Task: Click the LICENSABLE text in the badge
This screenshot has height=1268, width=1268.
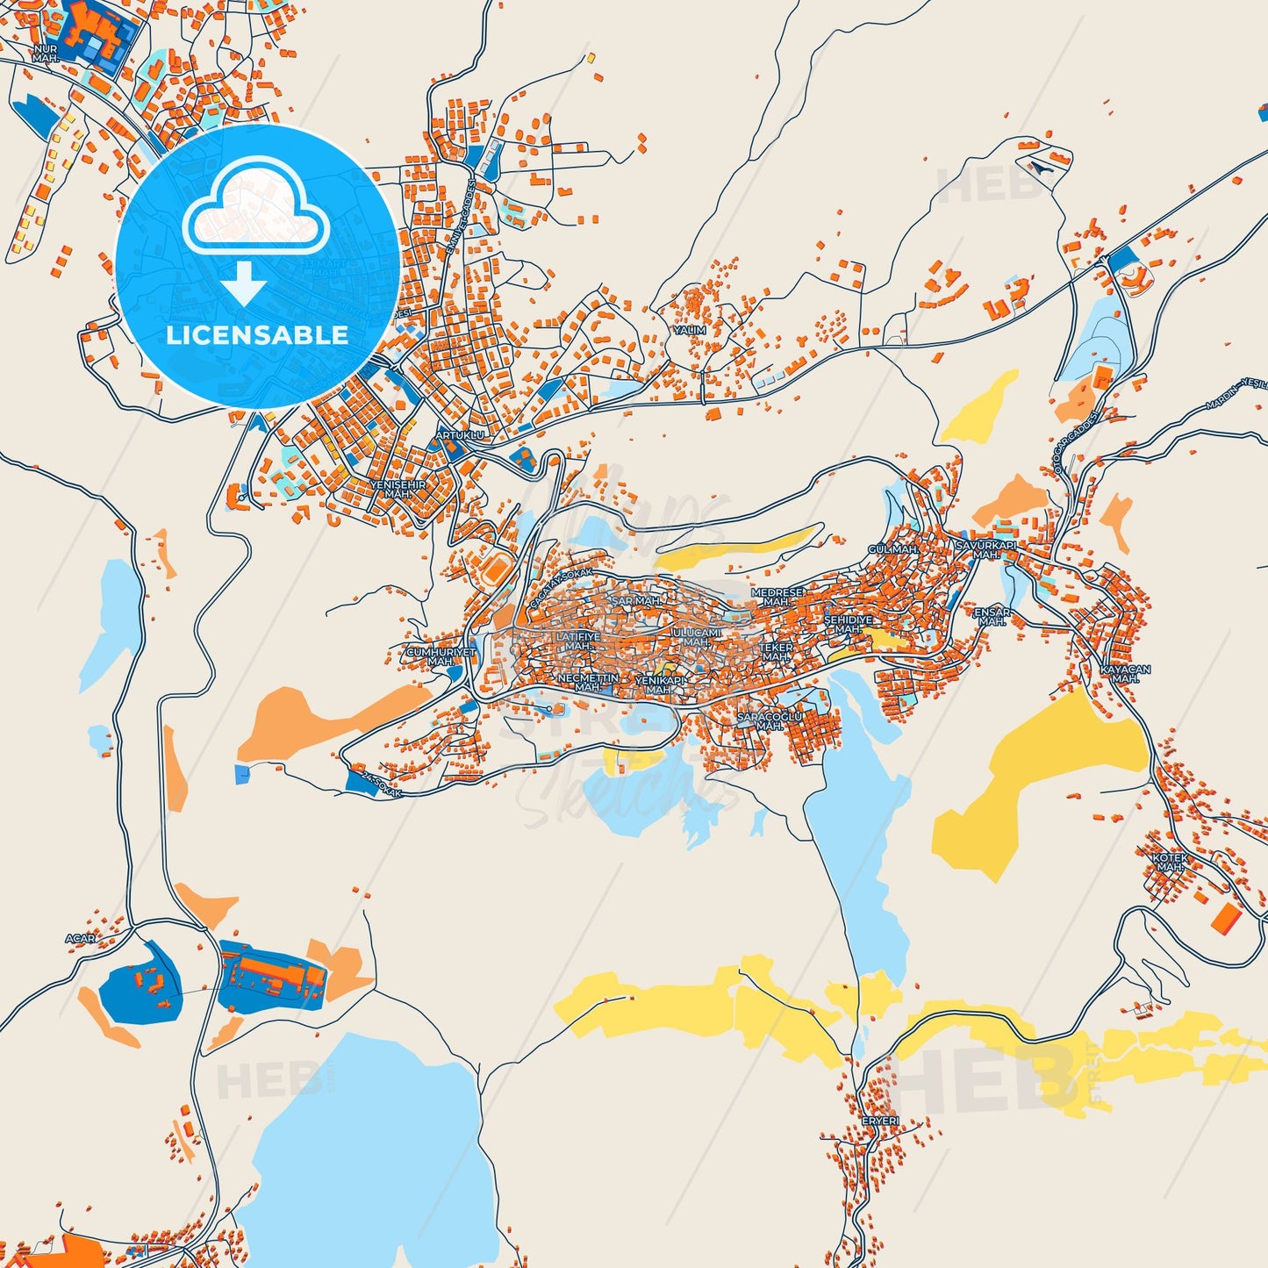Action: [x=257, y=335]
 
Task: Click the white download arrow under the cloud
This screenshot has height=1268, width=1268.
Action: [x=244, y=283]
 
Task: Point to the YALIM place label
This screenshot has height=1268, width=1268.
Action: [x=690, y=331]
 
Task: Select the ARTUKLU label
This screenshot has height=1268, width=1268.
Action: [x=460, y=435]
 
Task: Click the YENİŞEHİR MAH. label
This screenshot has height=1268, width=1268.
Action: [x=398, y=489]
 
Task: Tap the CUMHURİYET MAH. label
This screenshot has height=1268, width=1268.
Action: [x=441, y=656]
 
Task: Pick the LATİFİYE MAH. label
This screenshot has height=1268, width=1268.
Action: [x=577, y=641]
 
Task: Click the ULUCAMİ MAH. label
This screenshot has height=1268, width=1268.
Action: [x=696, y=637]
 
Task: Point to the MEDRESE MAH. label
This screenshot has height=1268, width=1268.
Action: [x=777, y=598]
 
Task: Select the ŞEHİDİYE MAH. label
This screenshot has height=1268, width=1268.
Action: [x=848, y=624]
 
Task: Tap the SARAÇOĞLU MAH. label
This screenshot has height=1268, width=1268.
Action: [x=770, y=721]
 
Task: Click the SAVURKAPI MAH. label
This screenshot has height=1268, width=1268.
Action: [x=985, y=550]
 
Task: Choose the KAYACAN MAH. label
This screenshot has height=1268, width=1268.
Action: [x=1125, y=673]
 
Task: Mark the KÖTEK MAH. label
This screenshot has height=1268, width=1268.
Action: [x=1170, y=862]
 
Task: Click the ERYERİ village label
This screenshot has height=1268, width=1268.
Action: [x=880, y=1121]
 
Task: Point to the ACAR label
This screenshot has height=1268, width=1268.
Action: [x=81, y=939]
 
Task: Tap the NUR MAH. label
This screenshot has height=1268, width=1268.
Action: [x=45, y=54]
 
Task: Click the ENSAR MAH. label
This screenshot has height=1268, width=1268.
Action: [x=992, y=616]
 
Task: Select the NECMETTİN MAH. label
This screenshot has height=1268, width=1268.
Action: [x=588, y=682]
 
